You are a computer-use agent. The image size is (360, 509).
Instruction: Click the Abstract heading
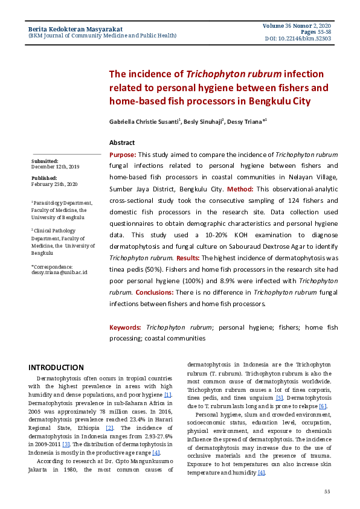[x=122, y=142]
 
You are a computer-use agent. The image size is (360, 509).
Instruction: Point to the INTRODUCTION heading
[x=56, y=367]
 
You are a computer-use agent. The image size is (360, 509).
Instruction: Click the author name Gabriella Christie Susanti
[x=144, y=121]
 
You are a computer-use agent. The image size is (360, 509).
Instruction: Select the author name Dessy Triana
[x=245, y=121]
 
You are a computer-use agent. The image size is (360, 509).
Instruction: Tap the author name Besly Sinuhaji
[x=204, y=121]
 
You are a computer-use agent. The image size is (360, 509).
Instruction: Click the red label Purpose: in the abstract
[x=123, y=155]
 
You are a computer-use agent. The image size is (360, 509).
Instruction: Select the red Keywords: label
[x=125, y=327]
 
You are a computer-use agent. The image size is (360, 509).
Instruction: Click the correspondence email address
[x=59, y=272]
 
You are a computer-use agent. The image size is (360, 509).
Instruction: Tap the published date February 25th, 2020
[x=54, y=184]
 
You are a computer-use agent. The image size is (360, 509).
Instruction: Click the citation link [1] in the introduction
[x=169, y=394]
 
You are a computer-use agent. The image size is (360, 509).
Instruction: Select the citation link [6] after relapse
[x=323, y=406]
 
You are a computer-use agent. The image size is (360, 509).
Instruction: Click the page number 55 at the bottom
[x=327, y=491]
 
